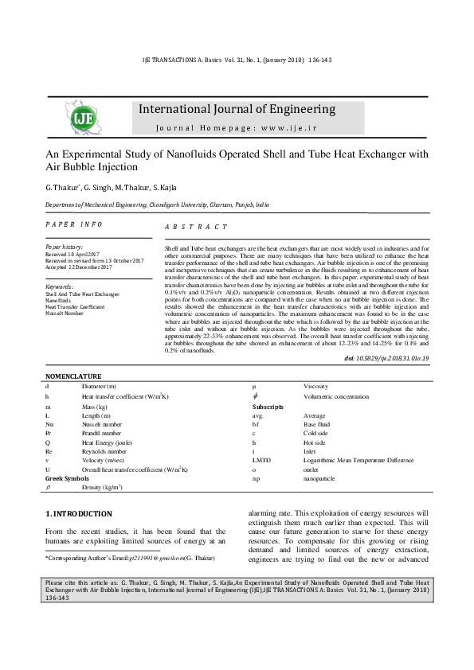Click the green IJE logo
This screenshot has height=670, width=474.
coord(83,119)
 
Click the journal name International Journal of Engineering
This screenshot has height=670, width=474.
coord(237,109)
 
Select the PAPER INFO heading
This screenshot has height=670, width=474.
coord(73,225)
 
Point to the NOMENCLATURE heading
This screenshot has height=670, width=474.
coord(73,376)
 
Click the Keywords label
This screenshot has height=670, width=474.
coord(61,286)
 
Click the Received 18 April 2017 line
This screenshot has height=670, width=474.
coord(74,254)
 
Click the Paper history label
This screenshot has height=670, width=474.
coord(65,247)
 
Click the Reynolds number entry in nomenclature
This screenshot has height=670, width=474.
coord(104,450)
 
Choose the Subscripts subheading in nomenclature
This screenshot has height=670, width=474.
coord(268,406)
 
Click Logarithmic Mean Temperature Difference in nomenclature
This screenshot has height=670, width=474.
coord(358,460)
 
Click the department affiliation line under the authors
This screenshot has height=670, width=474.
coord(156,205)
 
